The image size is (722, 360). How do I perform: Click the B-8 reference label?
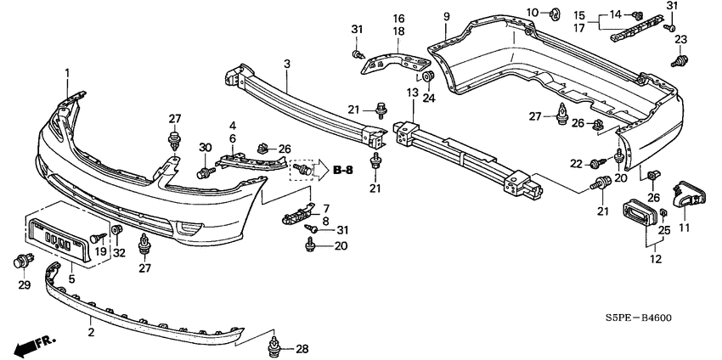click(x=342, y=171)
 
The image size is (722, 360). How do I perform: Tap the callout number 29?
click(x=24, y=285)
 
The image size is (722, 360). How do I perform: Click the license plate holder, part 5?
click(x=58, y=239)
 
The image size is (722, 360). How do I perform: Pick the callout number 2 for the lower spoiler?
click(x=91, y=331)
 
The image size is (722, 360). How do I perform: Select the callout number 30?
click(x=205, y=148)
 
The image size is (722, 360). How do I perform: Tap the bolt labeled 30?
click(x=206, y=173)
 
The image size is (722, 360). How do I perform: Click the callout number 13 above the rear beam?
click(x=412, y=93)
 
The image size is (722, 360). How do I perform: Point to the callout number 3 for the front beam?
click(x=287, y=64)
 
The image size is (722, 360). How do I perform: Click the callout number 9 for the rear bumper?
click(x=446, y=18)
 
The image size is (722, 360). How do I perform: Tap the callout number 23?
click(x=681, y=40)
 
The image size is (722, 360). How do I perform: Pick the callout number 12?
click(x=656, y=259)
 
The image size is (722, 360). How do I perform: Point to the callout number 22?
click(x=577, y=163)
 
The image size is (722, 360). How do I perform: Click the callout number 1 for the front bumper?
click(x=67, y=73)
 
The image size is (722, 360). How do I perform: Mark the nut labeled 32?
click(x=117, y=228)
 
